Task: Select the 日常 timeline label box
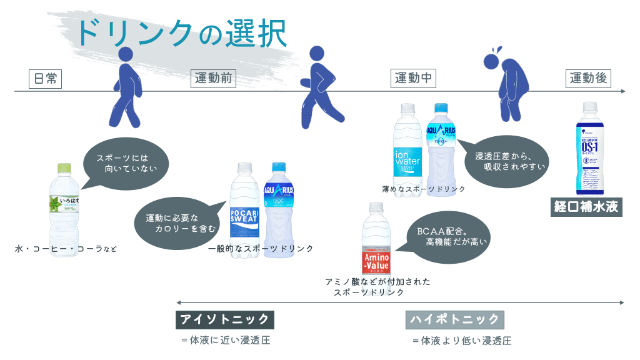[x=46, y=79]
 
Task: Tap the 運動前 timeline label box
[x=213, y=79]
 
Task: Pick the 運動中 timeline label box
[x=414, y=79]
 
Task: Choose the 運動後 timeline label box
[x=588, y=79]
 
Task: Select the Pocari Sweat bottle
[x=244, y=206]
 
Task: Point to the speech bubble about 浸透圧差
[x=506, y=161]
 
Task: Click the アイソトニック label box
[x=224, y=319]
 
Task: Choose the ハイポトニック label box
[x=455, y=319]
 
